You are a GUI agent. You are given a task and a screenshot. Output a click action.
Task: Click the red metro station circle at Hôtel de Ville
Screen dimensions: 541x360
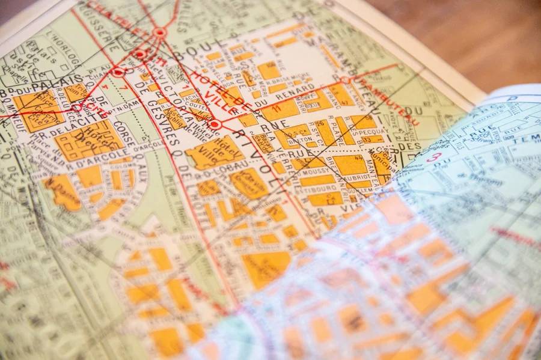tap(215, 124)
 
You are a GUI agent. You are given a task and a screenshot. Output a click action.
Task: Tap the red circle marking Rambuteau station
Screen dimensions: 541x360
tap(345, 79)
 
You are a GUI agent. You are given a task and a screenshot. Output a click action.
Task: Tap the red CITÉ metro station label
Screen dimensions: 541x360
tap(96, 106)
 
